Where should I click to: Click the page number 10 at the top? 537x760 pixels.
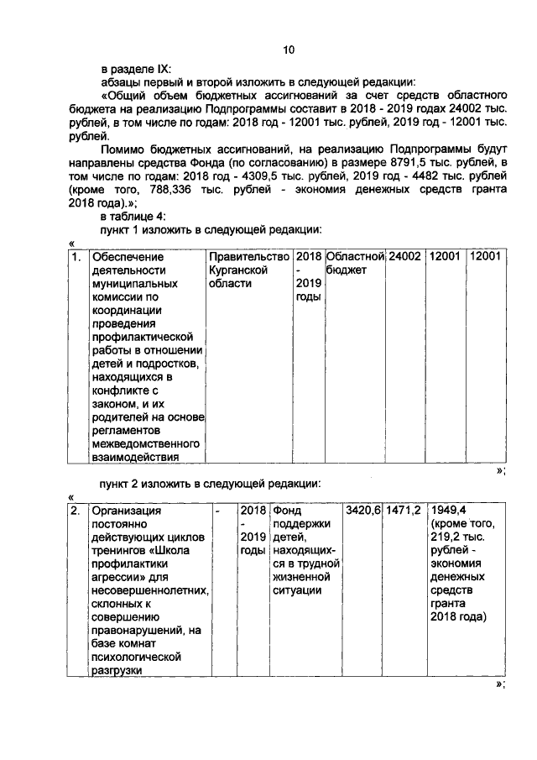tap(288, 50)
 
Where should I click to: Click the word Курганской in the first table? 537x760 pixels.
tap(238, 270)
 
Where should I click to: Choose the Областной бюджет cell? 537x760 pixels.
tap(355, 263)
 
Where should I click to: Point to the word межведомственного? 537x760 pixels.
tap(145, 443)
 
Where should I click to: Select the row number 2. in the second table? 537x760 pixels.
tap(76, 510)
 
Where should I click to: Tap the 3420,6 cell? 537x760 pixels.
tap(363, 510)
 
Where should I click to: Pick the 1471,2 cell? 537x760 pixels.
tap(404, 510)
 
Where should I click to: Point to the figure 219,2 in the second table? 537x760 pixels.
tap(446, 537)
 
